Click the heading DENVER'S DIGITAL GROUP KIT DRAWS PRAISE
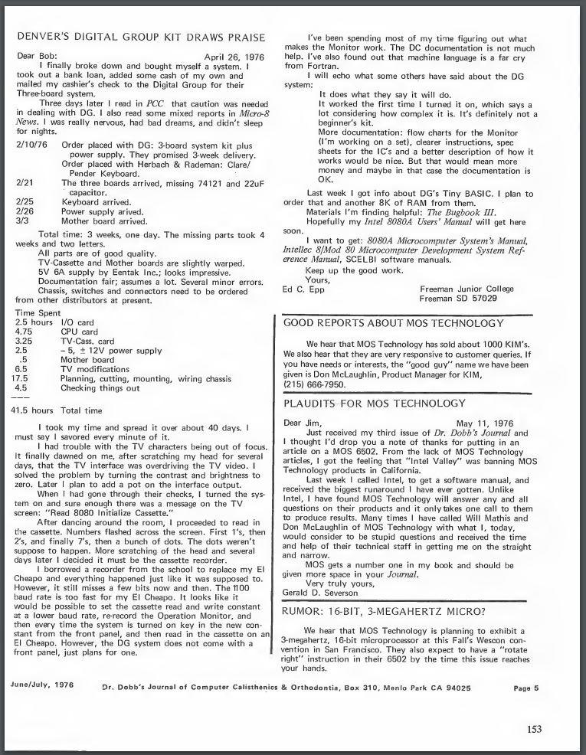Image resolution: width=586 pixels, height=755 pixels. [x=141, y=38]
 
